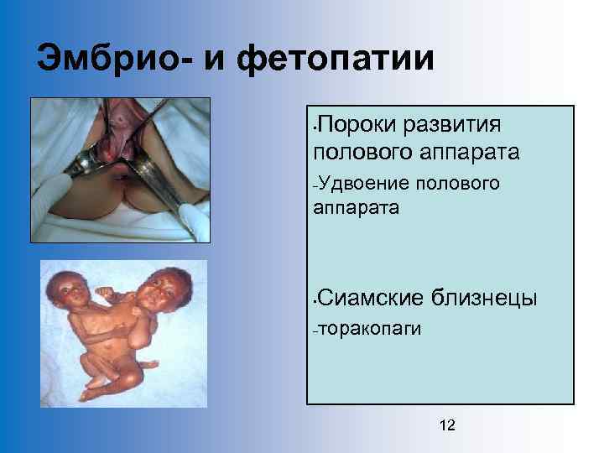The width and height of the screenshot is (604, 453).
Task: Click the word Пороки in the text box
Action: coord(357,125)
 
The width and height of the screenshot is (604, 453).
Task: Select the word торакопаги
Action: coord(367,329)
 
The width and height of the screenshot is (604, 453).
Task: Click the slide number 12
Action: coord(447,426)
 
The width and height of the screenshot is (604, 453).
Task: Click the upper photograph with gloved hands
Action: coord(120,169)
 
